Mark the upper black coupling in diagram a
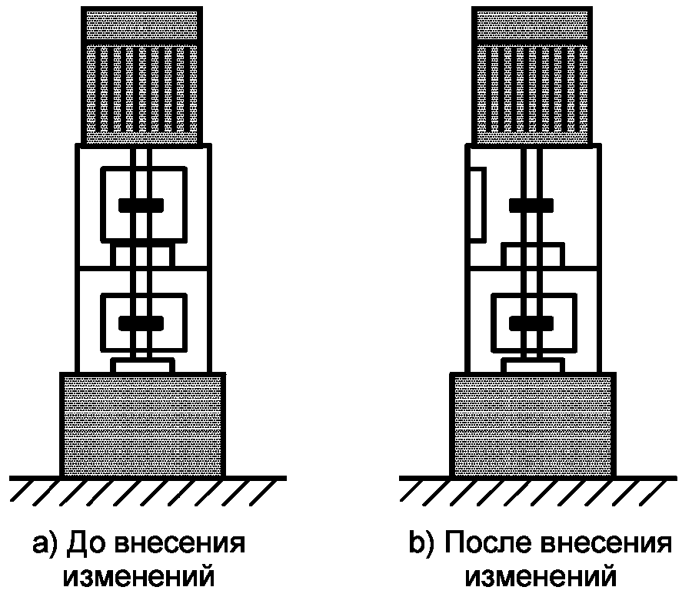point(141,204)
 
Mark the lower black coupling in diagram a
point(141,321)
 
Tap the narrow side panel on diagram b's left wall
point(475,203)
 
